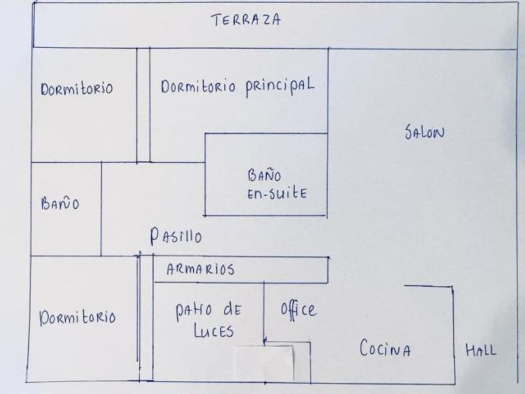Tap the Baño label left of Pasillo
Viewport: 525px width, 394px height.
[x=59, y=205]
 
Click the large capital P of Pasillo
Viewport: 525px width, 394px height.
[x=156, y=236]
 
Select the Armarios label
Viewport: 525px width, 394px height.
[x=201, y=270]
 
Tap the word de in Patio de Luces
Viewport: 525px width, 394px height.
[x=230, y=310]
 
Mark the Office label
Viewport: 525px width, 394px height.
[x=299, y=308]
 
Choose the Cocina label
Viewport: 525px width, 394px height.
[x=385, y=349]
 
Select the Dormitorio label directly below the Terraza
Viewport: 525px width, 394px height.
[x=76, y=89]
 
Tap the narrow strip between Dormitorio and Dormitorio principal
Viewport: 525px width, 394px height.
[x=143, y=105]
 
